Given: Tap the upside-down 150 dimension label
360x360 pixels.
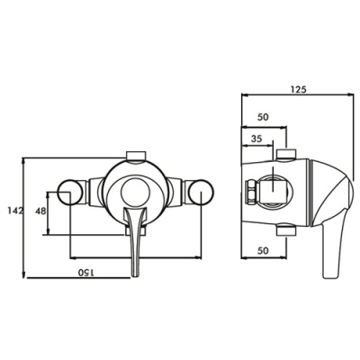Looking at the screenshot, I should pyautogui.click(x=87, y=270).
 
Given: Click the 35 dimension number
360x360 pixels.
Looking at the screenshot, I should pyautogui.click(x=258, y=139).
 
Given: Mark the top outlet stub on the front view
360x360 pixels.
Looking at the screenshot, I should pyautogui.click(x=135, y=153).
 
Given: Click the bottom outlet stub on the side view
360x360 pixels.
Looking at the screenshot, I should pyautogui.click(x=286, y=233).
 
